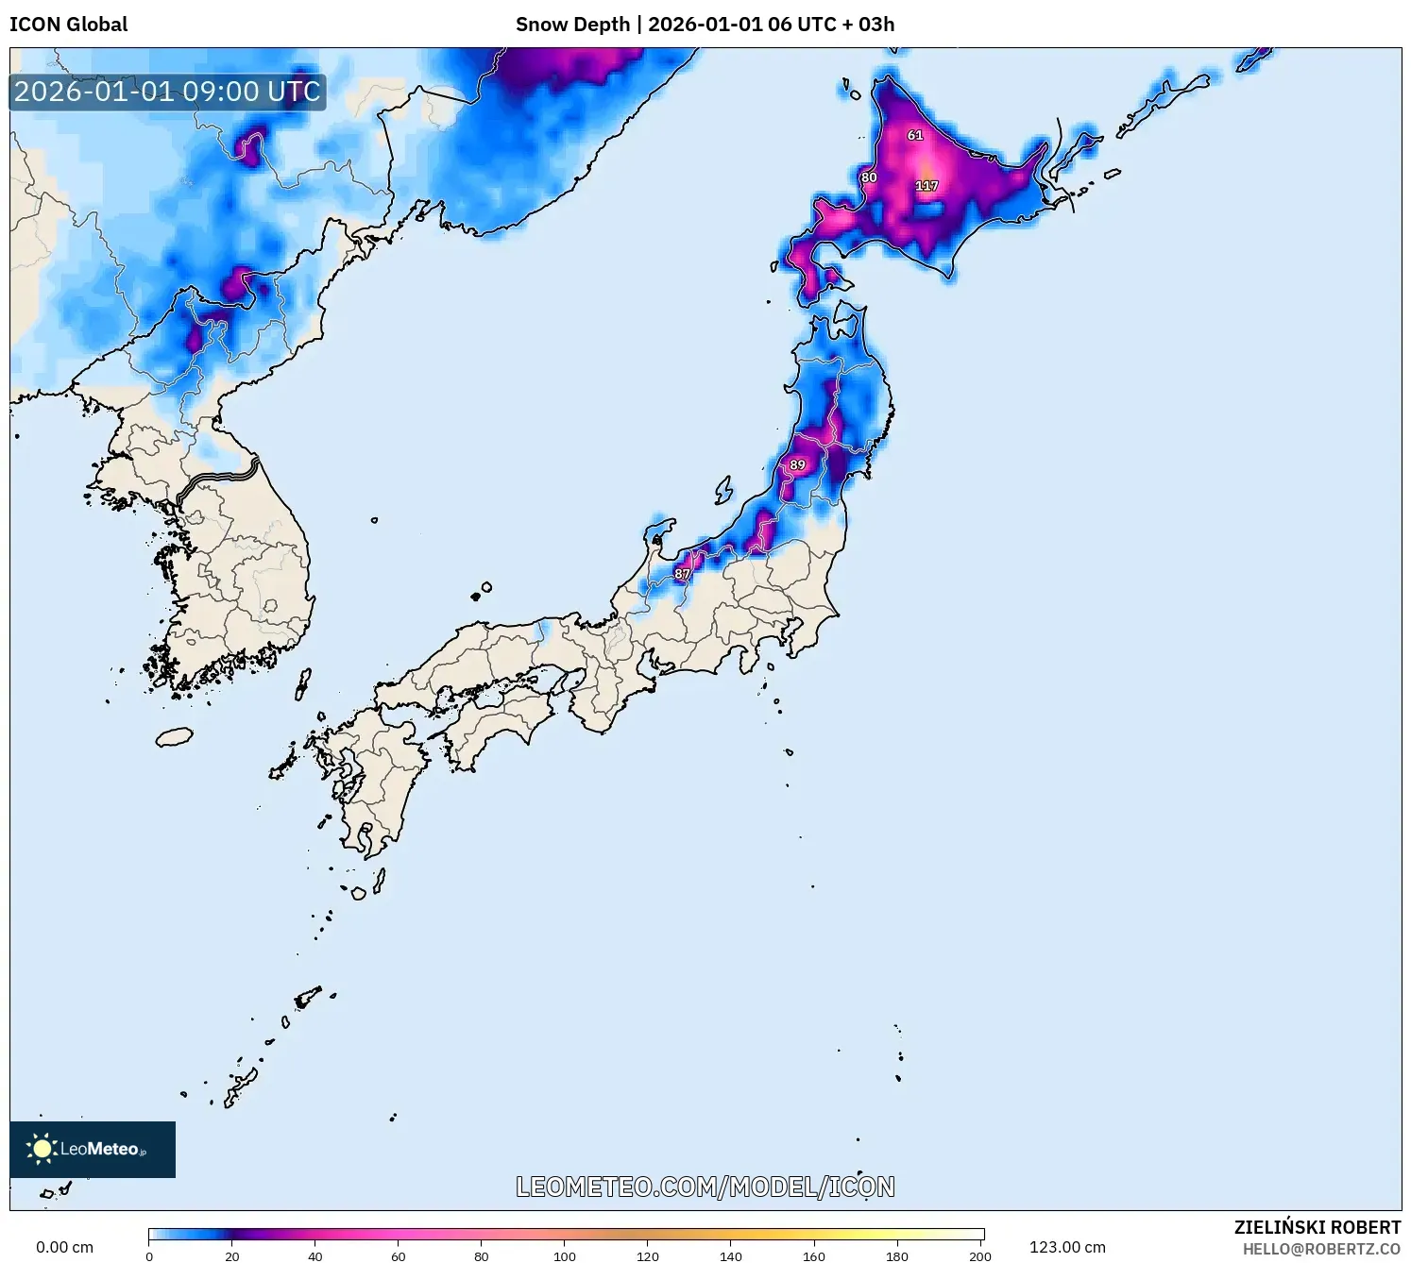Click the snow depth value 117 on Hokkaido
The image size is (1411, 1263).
click(x=926, y=186)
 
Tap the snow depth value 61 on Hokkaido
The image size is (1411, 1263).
click(x=915, y=135)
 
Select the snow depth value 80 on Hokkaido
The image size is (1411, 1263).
click(x=869, y=177)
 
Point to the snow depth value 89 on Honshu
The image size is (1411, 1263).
click(x=798, y=464)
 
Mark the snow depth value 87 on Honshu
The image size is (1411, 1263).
click(x=682, y=574)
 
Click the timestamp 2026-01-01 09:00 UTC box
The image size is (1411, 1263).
click(x=167, y=92)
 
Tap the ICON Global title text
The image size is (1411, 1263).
click(x=68, y=25)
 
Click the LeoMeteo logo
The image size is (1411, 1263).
click(x=93, y=1149)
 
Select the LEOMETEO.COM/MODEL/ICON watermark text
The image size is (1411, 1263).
click(x=705, y=1187)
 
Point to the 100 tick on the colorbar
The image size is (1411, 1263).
click(x=565, y=1255)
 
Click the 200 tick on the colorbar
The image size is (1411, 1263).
click(x=980, y=1255)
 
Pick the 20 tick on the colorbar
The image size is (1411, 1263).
click(x=232, y=1255)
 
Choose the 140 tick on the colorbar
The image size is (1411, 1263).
click(x=731, y=1255)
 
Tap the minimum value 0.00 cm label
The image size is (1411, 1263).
click(x=64, y=1247)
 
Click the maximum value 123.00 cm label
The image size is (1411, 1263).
click(x=1067, y=1247)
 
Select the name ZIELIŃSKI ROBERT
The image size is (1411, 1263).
click(x=1317, y=1227)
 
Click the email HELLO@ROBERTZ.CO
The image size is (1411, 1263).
click(x=1321, y=1249)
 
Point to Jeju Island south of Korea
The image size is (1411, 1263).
click(x=174, y=736)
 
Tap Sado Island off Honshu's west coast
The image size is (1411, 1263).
click(x=723, y=490)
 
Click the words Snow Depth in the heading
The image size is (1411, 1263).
click(x=572, y=25)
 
